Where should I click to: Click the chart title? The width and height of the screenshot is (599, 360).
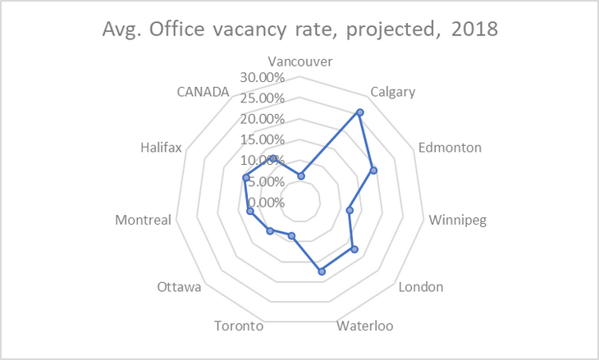click(299, 30)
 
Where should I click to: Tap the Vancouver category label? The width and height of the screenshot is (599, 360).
click(300, 62)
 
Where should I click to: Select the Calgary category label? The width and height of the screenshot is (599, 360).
click(392, 91)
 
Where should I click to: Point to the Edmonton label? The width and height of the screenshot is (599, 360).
click(450, 148)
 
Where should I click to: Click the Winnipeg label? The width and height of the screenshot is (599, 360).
click(457, 220)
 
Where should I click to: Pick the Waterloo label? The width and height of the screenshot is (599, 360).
click(365, 326)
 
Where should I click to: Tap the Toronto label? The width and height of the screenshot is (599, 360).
click(238, 326)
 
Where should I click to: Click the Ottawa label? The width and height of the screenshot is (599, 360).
click(180, 287)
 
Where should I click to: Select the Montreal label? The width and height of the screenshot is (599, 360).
click(144, 220)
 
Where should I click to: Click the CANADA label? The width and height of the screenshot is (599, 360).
click(203, 91)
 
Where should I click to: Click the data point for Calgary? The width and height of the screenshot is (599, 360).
click(359, 112)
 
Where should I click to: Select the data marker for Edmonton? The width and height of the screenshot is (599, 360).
click(373, 171)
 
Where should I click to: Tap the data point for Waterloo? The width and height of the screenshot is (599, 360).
click(322, 271)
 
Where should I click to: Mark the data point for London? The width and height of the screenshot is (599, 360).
click(354, 248)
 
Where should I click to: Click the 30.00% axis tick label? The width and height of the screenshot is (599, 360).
click(263, 78)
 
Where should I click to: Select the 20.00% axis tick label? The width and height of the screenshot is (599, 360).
click(263, 120)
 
